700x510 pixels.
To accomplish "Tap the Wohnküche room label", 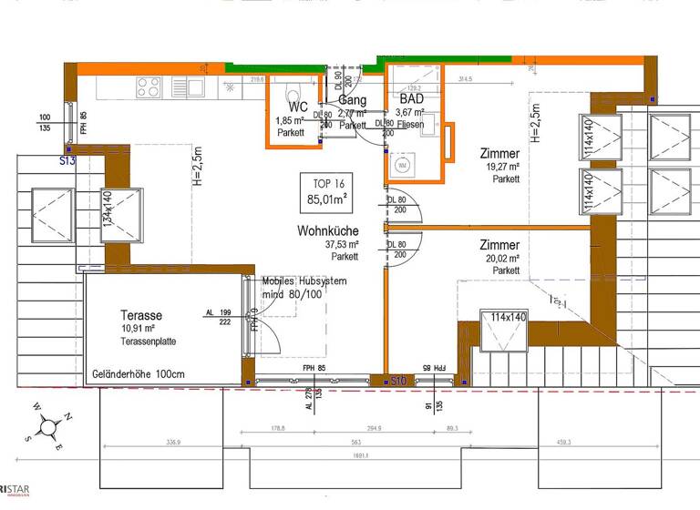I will (327, 231).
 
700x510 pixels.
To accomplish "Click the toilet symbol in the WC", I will (292, 97).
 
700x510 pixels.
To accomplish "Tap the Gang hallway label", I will (352, 100).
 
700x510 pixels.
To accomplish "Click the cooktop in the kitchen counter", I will (149, 87).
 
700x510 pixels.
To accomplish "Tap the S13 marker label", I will (67, 160).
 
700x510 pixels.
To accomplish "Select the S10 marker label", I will (396, 379).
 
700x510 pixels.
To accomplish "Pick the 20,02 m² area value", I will (502, 259).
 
